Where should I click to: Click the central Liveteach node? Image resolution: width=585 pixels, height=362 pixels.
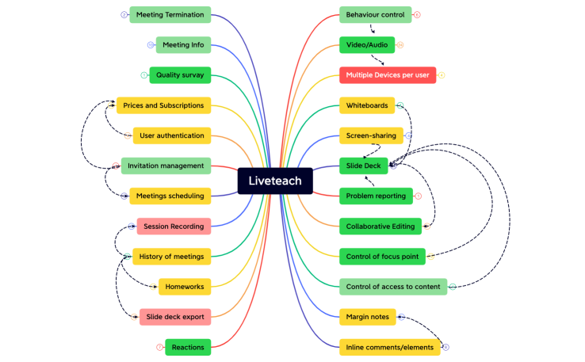pyautogui.click(x=275, y=181)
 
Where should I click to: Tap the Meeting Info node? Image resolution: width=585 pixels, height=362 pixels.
pyautogui.click(x=183, y=45)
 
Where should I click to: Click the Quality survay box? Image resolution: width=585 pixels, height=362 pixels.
pyautogui.click(x=180, y=75)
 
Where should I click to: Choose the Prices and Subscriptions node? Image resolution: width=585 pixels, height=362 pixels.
pyautogui.click(x=163, y=105)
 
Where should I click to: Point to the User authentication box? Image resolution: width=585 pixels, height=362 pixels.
pyautogui.click(x=171, y=135)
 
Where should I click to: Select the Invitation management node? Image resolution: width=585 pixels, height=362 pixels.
pyautogui.click(x=166, y=166)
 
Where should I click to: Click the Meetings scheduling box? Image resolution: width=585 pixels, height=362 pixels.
pyautogui.click(x=170, y=196)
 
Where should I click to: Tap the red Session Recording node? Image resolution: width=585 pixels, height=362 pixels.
pyautogui.click(x=174, y=227)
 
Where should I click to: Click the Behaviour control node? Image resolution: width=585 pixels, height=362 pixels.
pyautogui.click(x=376, y=14)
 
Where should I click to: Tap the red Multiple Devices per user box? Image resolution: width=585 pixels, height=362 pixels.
pyautogui.click(x=388, y=75)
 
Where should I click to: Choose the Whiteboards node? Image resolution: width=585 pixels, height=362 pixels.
pyautogui.click(x=366, y=105)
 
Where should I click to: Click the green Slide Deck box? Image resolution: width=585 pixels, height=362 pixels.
pyautogui.click(x=364, y=166)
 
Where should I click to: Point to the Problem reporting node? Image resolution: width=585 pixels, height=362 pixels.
pyautogui.click(x=376, y=196)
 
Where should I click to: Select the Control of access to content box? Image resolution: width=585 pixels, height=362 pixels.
pyautogui.click(x=393, y=286)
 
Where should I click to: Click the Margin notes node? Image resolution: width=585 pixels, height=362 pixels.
pyautogui.click(x=368, y=317)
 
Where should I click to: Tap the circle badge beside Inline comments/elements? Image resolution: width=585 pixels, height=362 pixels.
pyautogui.click(x=445, y=347)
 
